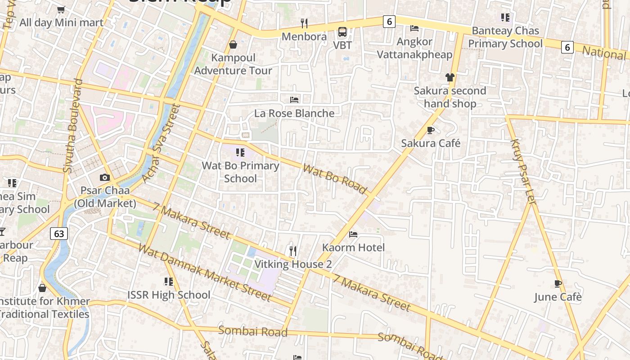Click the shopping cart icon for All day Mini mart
coord(61,9)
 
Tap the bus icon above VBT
coord(342,32)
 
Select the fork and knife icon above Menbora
coord(304,23)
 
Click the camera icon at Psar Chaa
coord(105,177)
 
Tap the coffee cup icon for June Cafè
coord(558,283)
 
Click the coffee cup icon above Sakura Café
coord(431,130)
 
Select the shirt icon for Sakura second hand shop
coord(450,77)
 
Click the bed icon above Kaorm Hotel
coord(353,234)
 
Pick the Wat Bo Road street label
coord(334,179)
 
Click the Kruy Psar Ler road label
coord(523,171)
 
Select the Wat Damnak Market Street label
coord(205,272)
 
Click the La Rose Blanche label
coord(294,113)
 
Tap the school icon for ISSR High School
coord(169,282)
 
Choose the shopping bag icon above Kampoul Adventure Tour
coord(233,45)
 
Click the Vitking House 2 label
coord(293,264)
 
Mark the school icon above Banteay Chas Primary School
coord(505,18)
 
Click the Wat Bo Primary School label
coord(240,172)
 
